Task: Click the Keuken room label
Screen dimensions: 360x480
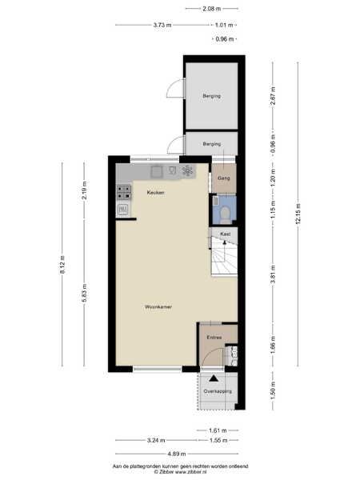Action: click(x=155, y=193)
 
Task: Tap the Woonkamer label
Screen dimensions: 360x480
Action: click(x=158, y=306)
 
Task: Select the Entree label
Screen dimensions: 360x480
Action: click(x=214, y=338)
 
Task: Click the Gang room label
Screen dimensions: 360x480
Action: click(x=223, y=178)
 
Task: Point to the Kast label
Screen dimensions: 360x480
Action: click(x=226, y=234)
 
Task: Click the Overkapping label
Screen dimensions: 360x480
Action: click(x=218, y=391)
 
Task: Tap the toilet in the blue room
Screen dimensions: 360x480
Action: click(x=226, y=215)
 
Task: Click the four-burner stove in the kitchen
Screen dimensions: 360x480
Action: click(x=124, y=193)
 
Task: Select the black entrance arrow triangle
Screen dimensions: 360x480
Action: click(x=214, y=378)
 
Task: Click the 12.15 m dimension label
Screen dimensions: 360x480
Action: click(x=298, y=214)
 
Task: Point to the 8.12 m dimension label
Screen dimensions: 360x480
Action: click(x=62, y=265)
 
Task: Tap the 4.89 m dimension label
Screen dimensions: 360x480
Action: click(x=177, y=454)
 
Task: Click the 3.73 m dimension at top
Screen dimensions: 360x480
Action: click(x=162, y=25)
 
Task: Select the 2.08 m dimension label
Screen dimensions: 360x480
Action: click(x=211, y=9)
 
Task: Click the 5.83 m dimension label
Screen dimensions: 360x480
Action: click(x=85, y=293)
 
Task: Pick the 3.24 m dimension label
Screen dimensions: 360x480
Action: click(x=156, y=440)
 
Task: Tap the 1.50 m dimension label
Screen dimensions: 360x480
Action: click(x=273, y=390)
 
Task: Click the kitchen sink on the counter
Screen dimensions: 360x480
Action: click(x=157, y=172)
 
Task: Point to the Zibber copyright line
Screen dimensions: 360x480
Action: click(x=180, y=472)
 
